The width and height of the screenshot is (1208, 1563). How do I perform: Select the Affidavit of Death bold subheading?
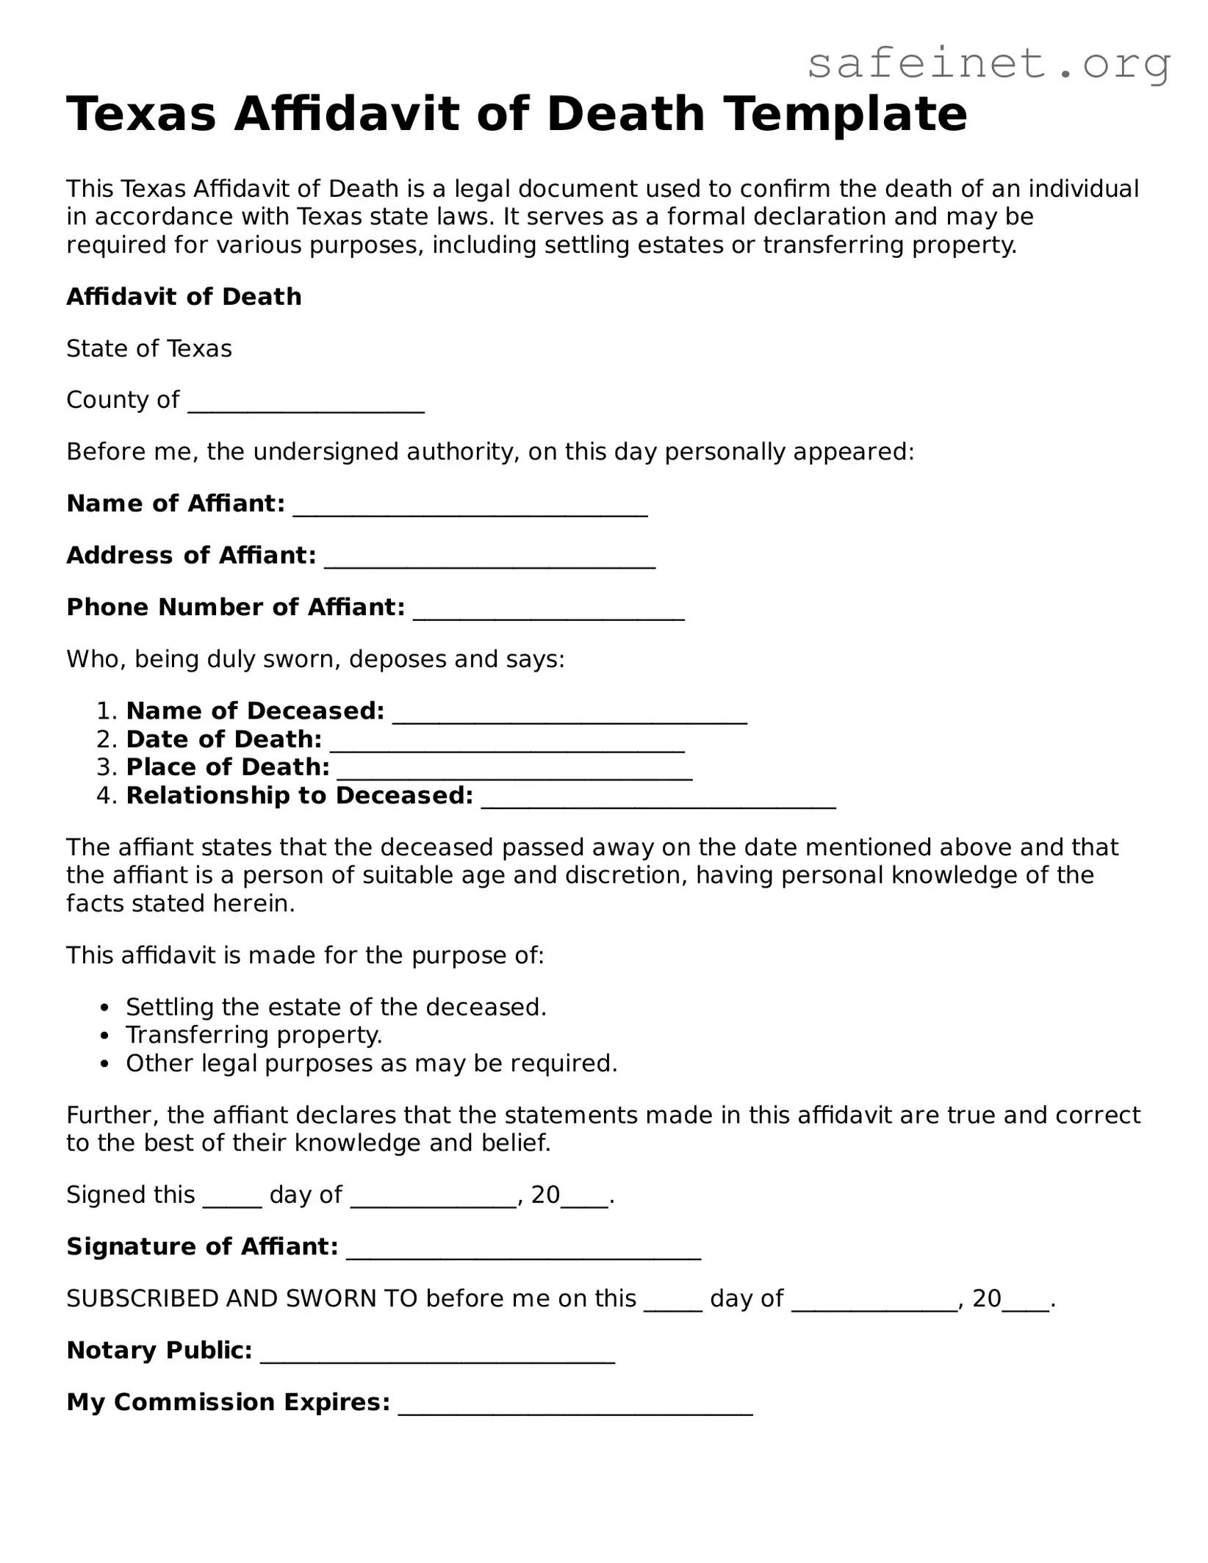coord(184,297)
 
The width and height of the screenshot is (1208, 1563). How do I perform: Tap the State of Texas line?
coord(149,348)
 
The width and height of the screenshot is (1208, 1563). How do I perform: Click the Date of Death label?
coord(224,739)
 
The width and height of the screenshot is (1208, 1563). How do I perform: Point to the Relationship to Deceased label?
coord(300,796)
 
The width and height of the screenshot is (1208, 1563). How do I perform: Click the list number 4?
coord(107,796)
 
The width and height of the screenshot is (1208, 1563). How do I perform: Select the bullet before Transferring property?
coord(106,1036)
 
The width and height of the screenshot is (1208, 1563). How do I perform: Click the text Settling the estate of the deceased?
coord(336,1007)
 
